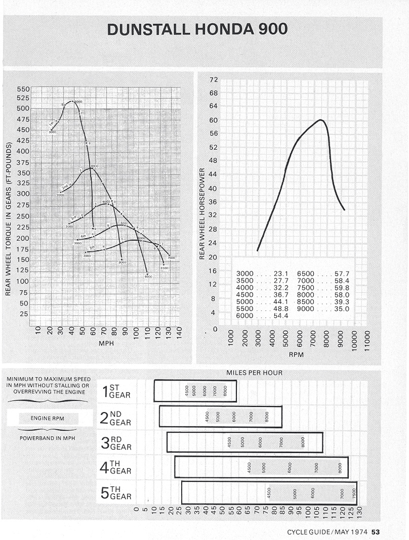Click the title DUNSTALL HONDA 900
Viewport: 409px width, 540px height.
click(x=197, y=29)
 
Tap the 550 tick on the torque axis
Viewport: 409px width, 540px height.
click(x=23, y=89)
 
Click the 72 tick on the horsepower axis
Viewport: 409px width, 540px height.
click(x=214, y=80)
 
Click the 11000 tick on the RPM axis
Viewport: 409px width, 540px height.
click(x=367, y=340)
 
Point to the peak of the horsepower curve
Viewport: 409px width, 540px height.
click(x=320, y=120)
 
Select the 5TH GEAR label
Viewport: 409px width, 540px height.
click(x=116, y=492)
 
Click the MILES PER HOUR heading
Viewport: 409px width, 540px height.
click(x=254, y=372)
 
